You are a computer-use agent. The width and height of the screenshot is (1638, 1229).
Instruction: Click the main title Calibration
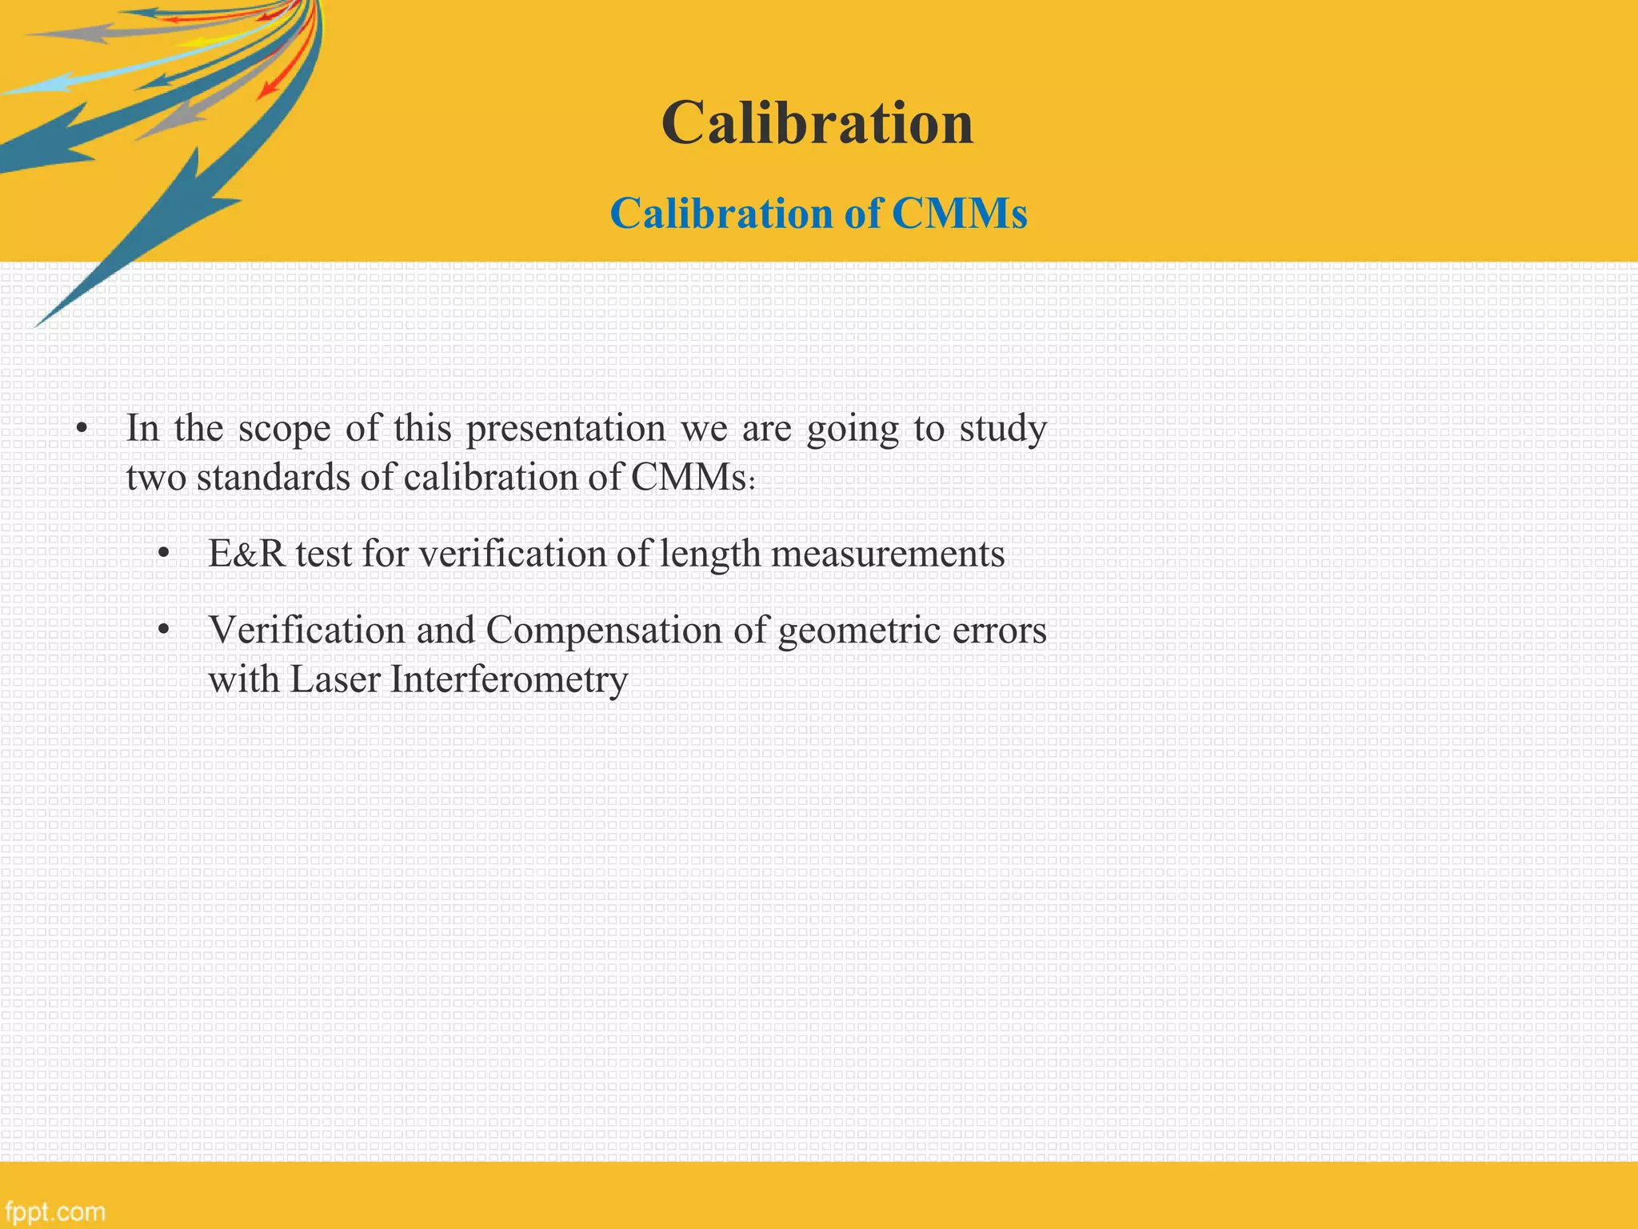(x=817, y=123)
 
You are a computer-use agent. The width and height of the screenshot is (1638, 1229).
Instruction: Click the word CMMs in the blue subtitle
(x=959, y=214)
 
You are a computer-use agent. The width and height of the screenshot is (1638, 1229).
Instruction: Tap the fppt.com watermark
(x=54, y=1211)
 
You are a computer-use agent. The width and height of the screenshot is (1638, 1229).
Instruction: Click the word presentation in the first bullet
(x=565, y=429)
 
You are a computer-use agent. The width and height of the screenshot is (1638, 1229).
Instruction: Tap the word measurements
(x=888, y=554)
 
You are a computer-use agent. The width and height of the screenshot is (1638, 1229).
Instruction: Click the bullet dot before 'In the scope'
(x=81, y=430)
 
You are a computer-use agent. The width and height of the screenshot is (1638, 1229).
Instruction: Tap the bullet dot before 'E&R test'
(x=164, y=554)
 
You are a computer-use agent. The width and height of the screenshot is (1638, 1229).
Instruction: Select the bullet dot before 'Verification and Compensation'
(x=164, y=631)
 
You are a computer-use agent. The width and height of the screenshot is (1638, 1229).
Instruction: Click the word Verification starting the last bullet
(x=306, y=630)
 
